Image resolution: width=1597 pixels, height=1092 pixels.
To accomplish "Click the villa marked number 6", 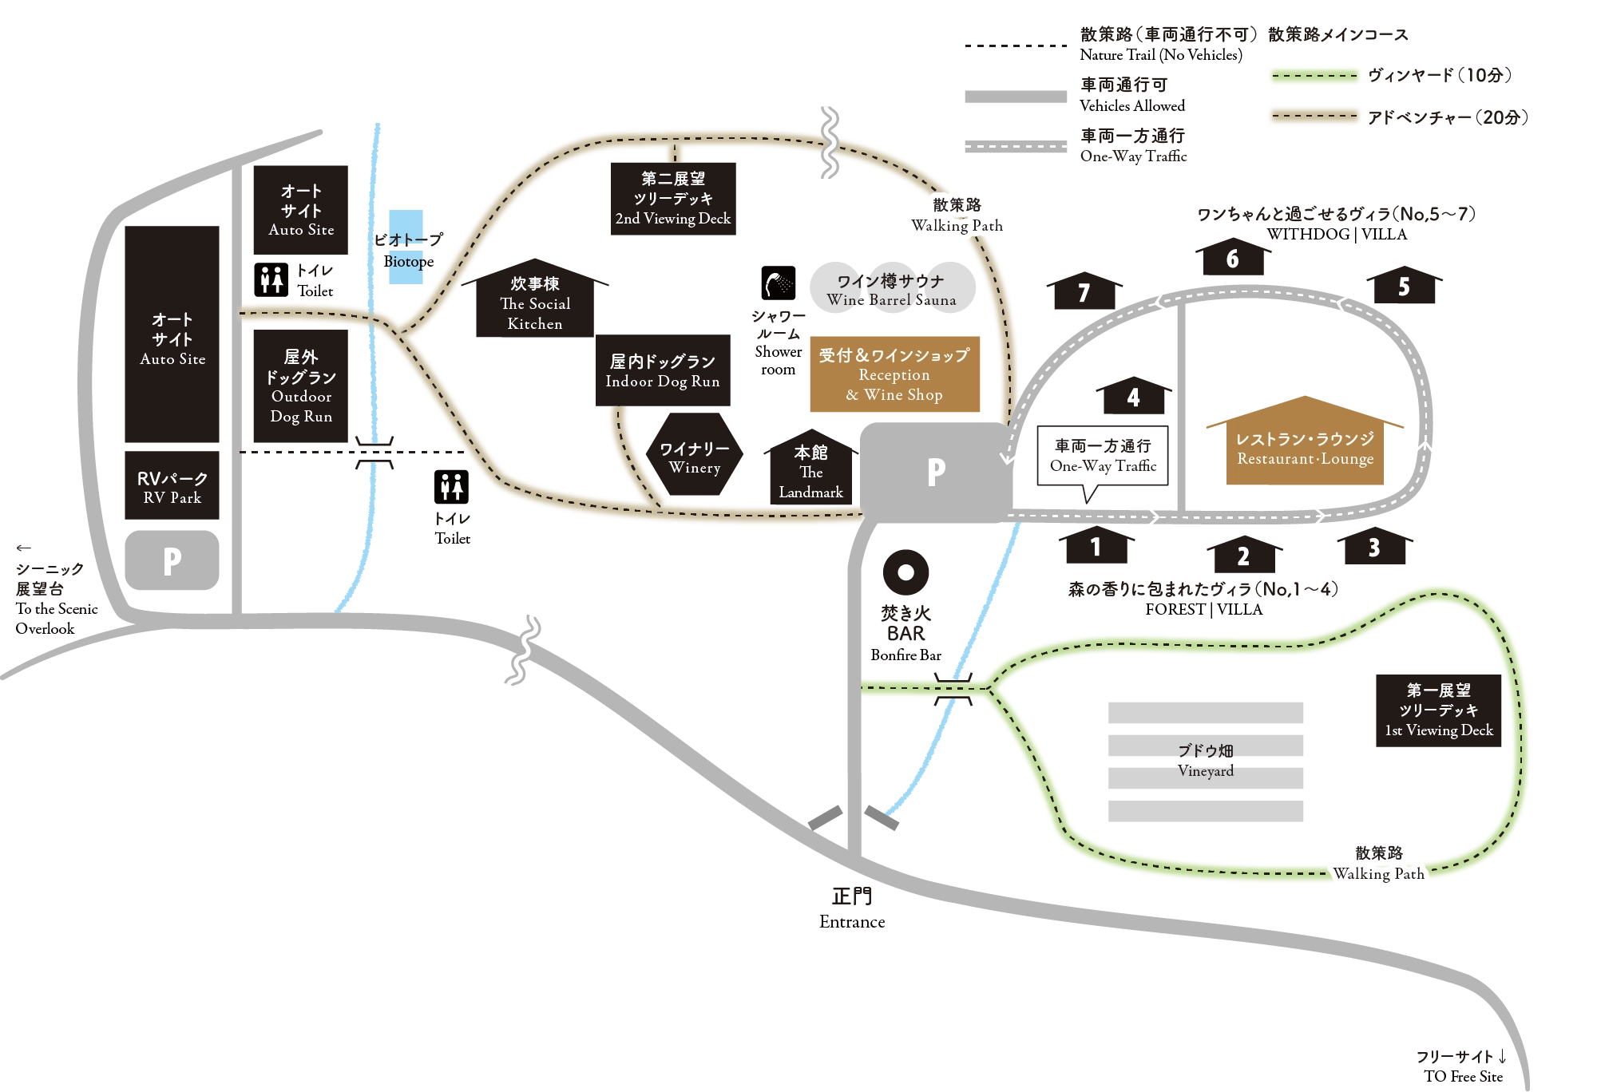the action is point(1233,256).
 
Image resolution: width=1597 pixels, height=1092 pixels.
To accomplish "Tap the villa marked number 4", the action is point(1133,395).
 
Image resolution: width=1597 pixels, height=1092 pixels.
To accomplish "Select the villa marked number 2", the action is point(1243,554).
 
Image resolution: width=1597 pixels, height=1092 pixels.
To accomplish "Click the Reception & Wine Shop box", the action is point(894,374).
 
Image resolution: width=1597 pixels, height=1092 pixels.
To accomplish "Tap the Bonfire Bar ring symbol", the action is point(905,572).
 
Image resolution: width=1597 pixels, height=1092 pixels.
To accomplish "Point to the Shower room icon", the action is point(779,283).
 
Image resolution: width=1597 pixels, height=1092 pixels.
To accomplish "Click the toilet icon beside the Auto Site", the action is point(271,280).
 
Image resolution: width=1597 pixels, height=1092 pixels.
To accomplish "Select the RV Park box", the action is point(172,485).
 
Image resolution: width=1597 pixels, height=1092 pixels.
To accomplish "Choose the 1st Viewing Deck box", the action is point(1438,710).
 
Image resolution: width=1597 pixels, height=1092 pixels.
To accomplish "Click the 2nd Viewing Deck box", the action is point(673,199).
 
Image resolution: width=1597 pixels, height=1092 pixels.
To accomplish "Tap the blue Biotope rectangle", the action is point(406,247).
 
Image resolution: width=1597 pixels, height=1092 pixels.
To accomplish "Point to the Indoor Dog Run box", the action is point(663,370).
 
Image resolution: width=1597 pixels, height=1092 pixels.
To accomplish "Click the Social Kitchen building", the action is point(535,299).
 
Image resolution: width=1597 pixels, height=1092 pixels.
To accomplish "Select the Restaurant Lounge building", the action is point(1305,441).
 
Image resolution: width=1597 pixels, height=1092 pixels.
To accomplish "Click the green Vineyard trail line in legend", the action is point(1314,76).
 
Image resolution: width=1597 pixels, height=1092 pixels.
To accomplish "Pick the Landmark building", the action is point(810,468).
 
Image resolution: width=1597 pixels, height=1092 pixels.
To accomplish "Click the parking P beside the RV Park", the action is point(172,560).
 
